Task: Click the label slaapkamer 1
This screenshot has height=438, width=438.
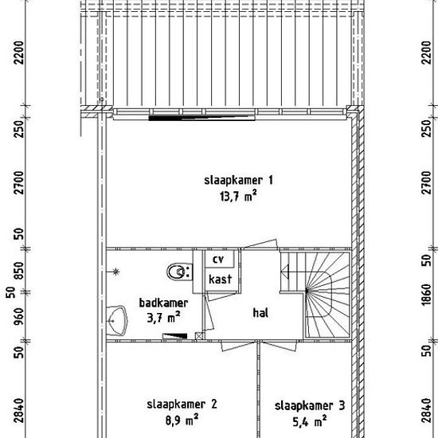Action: [238, 181]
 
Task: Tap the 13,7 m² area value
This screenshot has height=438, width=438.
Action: [238, 197]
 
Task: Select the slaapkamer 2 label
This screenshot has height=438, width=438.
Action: [182, 405]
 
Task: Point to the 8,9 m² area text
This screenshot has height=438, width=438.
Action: [182, 420]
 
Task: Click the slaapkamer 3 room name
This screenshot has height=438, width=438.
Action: [310, 406]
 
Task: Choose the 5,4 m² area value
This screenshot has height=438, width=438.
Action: [310, 422]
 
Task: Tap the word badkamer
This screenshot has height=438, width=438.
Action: [164, 303]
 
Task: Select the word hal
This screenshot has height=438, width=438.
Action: [260, 313]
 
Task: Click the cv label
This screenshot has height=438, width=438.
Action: [218, 260]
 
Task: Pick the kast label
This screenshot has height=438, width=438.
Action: [221, 279]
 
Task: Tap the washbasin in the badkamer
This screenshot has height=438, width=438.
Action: [117, 321]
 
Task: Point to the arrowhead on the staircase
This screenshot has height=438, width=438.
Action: [284, 272]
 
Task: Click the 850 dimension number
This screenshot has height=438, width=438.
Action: [19, 271]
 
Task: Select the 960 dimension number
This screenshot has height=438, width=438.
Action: [19, 317]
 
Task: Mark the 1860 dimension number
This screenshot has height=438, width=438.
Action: [427, 295]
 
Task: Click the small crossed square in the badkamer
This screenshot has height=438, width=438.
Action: [198, 336]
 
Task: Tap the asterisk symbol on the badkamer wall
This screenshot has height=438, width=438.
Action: [116, 272]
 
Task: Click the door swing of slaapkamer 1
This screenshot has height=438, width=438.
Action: [260, 244]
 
